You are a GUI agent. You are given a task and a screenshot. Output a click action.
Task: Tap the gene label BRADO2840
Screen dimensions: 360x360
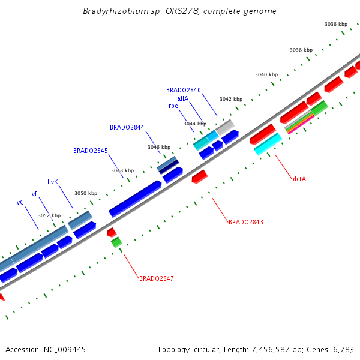pyautogui.click(x=184, y=90)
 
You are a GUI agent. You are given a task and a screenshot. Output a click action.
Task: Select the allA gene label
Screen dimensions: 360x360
pyautogui.click(x=182, y=98)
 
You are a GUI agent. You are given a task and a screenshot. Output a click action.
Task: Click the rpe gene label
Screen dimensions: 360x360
pyautogui.click(x=173, y=106)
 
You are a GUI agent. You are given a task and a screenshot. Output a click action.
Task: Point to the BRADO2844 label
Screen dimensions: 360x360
pyautogui.click(x=127, y=127)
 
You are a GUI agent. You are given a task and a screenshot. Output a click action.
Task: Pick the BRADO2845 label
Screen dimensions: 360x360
pyautogui.click(x=91, y=151)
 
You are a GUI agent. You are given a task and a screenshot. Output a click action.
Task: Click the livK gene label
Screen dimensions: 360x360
pyautogui.click(x=53, y=181)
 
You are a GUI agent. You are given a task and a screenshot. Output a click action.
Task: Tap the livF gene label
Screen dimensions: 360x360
pyautogui.click(x=33, y=194)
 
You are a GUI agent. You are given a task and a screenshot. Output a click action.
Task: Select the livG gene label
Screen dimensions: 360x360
pyautogui.click(x=19, y=203)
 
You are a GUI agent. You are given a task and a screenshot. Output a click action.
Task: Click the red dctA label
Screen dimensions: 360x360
pyautogui.click(x=299, y=178)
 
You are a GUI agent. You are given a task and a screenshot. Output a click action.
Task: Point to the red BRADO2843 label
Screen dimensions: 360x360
pyautogui.click(x=245, y=222)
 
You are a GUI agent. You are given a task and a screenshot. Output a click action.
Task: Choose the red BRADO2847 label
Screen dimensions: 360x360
pyautogui.click(x=156, y=278)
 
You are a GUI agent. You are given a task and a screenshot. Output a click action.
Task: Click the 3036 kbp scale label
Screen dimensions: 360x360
pyautogui.click(x=336, y=24)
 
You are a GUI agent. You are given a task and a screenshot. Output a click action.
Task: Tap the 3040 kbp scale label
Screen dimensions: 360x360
pyautogui.click(x=266, y=74)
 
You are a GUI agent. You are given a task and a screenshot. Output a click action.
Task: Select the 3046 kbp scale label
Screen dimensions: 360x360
pyautogui.click(x=159, y=147)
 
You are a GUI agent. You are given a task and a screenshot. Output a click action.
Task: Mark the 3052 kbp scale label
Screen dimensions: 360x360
pyautogui.click(x=49, y=215)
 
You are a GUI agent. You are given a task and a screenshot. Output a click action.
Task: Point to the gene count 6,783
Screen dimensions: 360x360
pyautogui.click(x=343, y=349)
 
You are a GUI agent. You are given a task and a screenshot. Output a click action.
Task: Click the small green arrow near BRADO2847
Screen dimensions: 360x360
pyautogui.click(x=116, y=242)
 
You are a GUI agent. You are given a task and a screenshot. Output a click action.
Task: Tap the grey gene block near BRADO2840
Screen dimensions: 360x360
pyautogui.click(x=225, y=127)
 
